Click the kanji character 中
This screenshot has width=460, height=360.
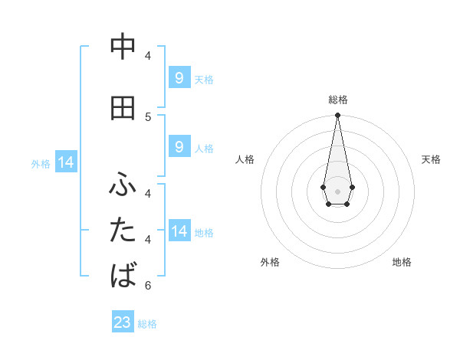tap(123, 47)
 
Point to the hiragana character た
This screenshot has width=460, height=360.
tap(123, 230)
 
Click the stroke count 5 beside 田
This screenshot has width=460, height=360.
tap(148, 116)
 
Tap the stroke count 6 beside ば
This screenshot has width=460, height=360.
tap(148, 286)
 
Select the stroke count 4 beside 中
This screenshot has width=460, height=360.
tap(148, 56)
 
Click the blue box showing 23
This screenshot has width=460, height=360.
tap(123, 322)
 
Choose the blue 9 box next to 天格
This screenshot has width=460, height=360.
tap(179, 78)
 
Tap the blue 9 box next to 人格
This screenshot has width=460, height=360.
tap(179, 147)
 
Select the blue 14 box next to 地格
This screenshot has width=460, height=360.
tap(179, 231)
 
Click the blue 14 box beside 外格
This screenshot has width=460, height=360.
tap(66, 162)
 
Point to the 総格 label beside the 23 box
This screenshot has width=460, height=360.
tap(147, 324)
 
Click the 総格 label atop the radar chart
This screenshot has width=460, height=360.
tap(338, 100)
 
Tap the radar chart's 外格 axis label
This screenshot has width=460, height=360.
tap(270, 262)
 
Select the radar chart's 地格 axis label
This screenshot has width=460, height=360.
tap(402, 262)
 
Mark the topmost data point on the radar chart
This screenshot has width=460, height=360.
tap(337, 116)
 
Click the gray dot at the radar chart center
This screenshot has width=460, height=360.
tap(337, 190)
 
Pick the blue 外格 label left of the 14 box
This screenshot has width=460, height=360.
tap(41, 163)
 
